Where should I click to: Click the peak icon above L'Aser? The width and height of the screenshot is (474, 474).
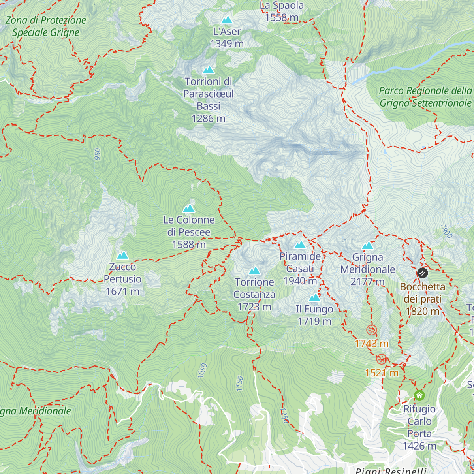tap(227, 20)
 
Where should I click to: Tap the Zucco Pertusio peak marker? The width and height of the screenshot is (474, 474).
tap(122, 255)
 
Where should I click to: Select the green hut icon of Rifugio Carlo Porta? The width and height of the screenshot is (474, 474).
tap(419, 395)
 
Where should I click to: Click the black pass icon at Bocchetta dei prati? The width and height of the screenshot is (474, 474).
tap(422, 273)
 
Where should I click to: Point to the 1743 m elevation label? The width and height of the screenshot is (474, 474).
tap(372, 344)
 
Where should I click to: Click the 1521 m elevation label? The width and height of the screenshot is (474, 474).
tap(382, 373)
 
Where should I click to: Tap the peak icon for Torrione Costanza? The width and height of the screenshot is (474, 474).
tap(254, 271)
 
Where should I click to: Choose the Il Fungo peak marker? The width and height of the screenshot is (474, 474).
tap(314, 297)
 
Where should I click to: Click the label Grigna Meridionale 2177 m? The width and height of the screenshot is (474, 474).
tap(368, 269)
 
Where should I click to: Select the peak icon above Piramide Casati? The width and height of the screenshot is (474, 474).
tap(300, 245)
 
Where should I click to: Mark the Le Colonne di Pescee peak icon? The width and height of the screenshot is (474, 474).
tap(189, 208)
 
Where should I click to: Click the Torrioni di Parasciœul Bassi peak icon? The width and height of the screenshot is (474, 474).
tap(208, 70)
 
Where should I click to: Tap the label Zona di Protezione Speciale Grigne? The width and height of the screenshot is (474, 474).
tap(46, 26)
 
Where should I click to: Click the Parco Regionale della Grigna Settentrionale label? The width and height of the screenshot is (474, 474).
tap(425, 97)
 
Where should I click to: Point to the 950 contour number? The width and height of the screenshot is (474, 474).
tap(98, 154)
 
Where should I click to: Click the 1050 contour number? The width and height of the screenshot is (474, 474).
tap(202, 371)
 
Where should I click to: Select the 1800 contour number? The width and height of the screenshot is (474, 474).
tap(446, 231)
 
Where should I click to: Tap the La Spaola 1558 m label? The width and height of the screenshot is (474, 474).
tap(282, 11)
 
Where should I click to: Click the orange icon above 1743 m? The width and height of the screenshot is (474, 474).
tap(371, 330)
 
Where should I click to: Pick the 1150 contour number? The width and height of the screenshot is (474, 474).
tap(239, 384)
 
